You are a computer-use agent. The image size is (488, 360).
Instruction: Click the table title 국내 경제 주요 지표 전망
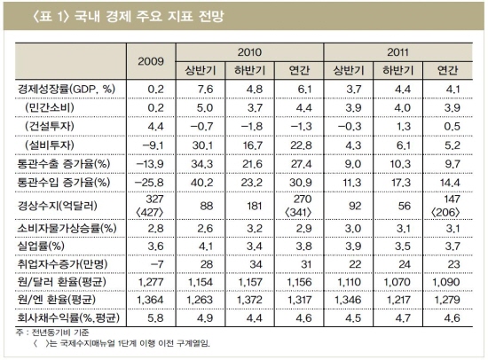coord(149,16)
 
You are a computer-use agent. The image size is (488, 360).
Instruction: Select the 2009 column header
coord(151,61)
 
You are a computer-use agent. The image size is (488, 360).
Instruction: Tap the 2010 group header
coord(249,52)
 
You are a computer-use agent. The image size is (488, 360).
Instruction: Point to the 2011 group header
coord(397,52)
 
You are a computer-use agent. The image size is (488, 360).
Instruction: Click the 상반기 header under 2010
coord(201,70)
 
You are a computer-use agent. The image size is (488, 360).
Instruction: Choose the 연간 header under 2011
coord(447,70)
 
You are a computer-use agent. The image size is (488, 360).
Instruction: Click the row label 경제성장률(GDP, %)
coord(67,90)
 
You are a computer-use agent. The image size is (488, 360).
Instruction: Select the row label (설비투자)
coord(50,145)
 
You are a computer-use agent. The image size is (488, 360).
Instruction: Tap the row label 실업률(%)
coord(41,247)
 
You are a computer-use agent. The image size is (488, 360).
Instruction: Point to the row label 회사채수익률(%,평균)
coord(68,318)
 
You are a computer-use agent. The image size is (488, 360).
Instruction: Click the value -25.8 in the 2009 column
coord(149,183)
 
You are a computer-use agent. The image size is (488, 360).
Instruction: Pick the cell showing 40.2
coord(201,183)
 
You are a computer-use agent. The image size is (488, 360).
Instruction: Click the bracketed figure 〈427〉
coord(150,213)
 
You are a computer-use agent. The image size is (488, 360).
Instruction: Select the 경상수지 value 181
coord(255,206)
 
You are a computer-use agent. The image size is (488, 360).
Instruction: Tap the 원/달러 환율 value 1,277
coord(151,282)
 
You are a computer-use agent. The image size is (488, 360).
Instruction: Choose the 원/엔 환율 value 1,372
coord(250,300)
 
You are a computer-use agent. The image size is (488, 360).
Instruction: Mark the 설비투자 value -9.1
coord(153,145)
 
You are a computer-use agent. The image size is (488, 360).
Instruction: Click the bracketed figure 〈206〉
coord(445,213)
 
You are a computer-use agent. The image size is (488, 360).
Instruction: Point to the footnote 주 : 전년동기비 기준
coord(52,333)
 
